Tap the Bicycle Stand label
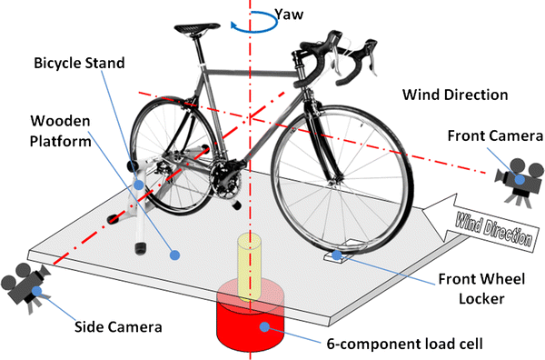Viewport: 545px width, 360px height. tap(79, 64)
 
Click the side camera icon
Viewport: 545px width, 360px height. tap(25, 285)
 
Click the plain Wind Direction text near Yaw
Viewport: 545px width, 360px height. tap(456, 95)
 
